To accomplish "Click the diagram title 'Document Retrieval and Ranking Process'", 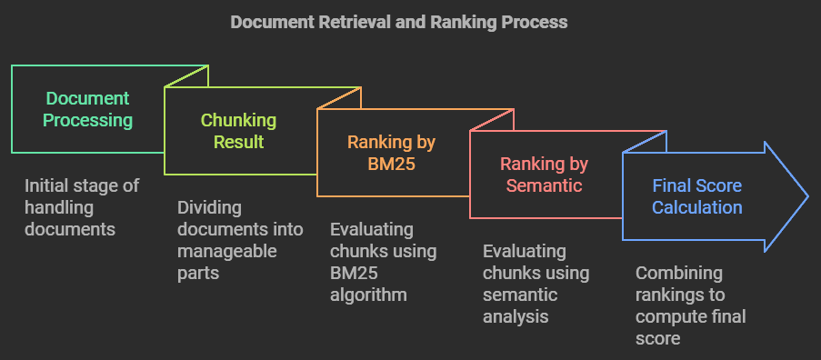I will [398, 23].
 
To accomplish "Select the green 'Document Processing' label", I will [88, 109].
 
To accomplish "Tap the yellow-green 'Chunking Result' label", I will [238, 131].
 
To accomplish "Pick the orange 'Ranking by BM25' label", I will [391, 153].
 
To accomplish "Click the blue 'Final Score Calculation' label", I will [696, 196].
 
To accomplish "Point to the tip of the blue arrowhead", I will [806, 196].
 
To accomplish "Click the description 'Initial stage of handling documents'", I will [81, 207].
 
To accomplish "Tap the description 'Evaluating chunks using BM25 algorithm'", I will [383, 262].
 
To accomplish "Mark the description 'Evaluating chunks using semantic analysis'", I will [536, 284].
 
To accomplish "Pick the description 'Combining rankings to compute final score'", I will [690, 305].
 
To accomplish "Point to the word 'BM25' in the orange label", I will [391, 164].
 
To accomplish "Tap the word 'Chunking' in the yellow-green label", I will [238, 120].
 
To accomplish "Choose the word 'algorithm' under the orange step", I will [367, 295].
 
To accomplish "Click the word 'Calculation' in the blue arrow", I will [696, 207].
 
